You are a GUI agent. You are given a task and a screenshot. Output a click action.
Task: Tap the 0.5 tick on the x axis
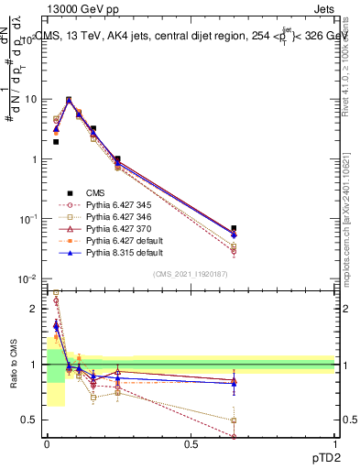tap(191, 444)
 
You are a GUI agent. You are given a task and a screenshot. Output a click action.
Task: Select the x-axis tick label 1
tap(334, 444)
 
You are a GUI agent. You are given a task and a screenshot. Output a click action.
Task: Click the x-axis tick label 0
tap(47, 444)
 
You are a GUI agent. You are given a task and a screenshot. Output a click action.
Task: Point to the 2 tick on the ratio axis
tap(34, 309)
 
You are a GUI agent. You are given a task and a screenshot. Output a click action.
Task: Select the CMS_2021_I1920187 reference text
tap(191, 273)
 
